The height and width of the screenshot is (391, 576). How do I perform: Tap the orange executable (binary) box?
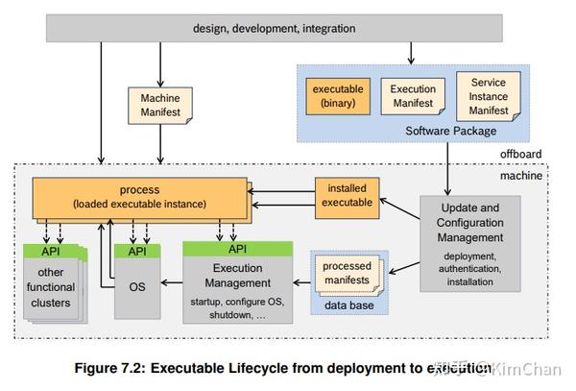coord(336,96)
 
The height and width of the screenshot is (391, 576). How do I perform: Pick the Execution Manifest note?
coord(412,96)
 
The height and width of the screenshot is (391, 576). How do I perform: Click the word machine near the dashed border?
coord(522,174)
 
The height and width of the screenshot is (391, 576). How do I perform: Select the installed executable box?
coord(345,195)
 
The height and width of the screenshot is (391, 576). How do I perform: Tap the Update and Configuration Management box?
coord(470,243)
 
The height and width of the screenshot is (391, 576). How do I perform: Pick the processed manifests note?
coord(347,273)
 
